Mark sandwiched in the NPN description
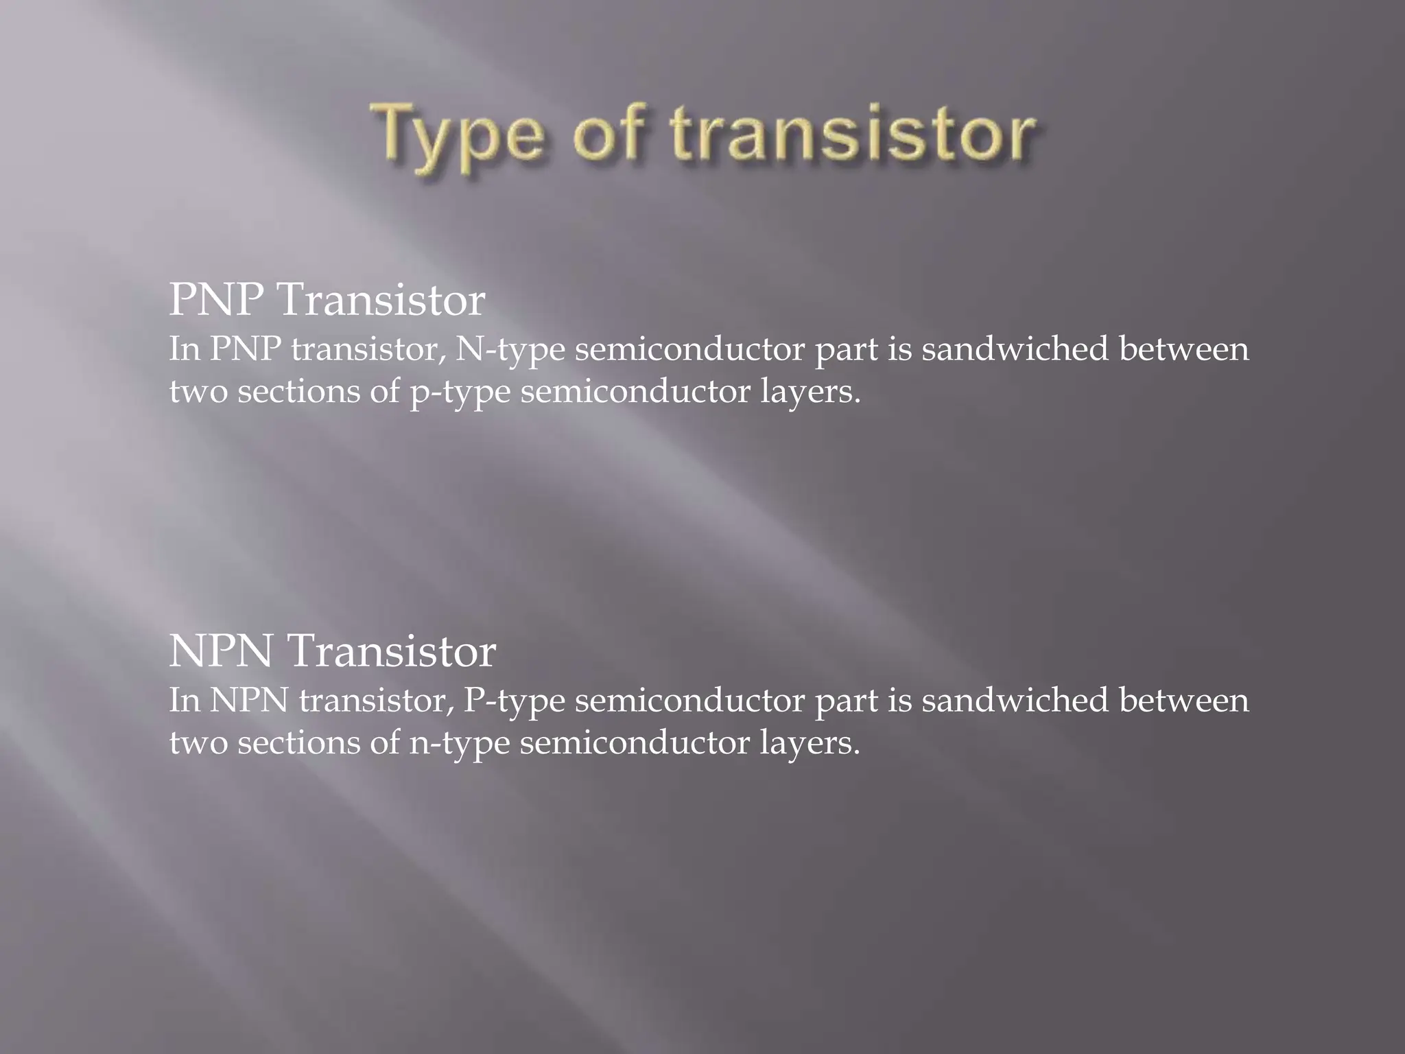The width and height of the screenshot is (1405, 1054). coord(1015,700)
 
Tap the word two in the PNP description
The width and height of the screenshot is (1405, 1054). coord(198,392)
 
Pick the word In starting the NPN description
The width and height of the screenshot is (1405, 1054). coord(185,700)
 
